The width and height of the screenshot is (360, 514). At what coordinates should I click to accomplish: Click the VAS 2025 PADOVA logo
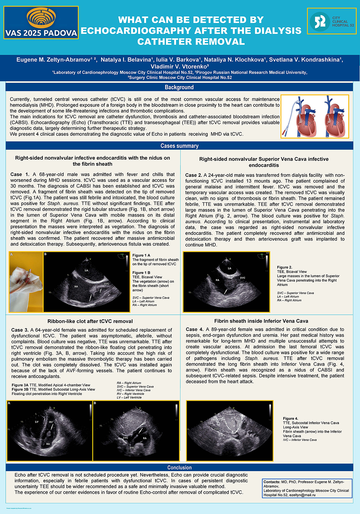41,23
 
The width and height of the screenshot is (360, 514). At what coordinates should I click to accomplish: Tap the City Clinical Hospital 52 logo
332,22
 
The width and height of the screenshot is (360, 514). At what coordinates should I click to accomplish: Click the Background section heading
179,87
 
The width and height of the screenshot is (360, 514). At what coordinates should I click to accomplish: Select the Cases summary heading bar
179,146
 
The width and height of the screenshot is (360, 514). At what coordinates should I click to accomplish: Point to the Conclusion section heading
179,468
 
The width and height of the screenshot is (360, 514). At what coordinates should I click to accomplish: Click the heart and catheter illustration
315,116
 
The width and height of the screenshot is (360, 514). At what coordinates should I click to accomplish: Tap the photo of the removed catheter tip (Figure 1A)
26,282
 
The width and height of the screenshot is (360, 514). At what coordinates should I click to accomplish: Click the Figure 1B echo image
86,282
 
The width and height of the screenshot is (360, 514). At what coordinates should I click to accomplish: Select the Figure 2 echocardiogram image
226,282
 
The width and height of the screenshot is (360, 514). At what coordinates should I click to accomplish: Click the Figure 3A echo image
50,431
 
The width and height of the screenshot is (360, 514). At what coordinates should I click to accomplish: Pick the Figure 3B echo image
136,431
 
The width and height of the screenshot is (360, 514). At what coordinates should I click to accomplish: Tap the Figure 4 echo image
229,431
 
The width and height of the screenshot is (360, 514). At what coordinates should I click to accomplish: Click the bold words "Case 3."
20,330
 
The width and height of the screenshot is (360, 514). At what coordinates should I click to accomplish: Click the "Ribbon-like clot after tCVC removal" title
90,321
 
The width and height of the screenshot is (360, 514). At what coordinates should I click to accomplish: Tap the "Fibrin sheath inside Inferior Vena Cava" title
261,321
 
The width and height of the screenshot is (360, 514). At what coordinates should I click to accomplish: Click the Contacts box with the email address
307,488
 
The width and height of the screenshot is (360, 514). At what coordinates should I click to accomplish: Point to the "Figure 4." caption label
291,419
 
